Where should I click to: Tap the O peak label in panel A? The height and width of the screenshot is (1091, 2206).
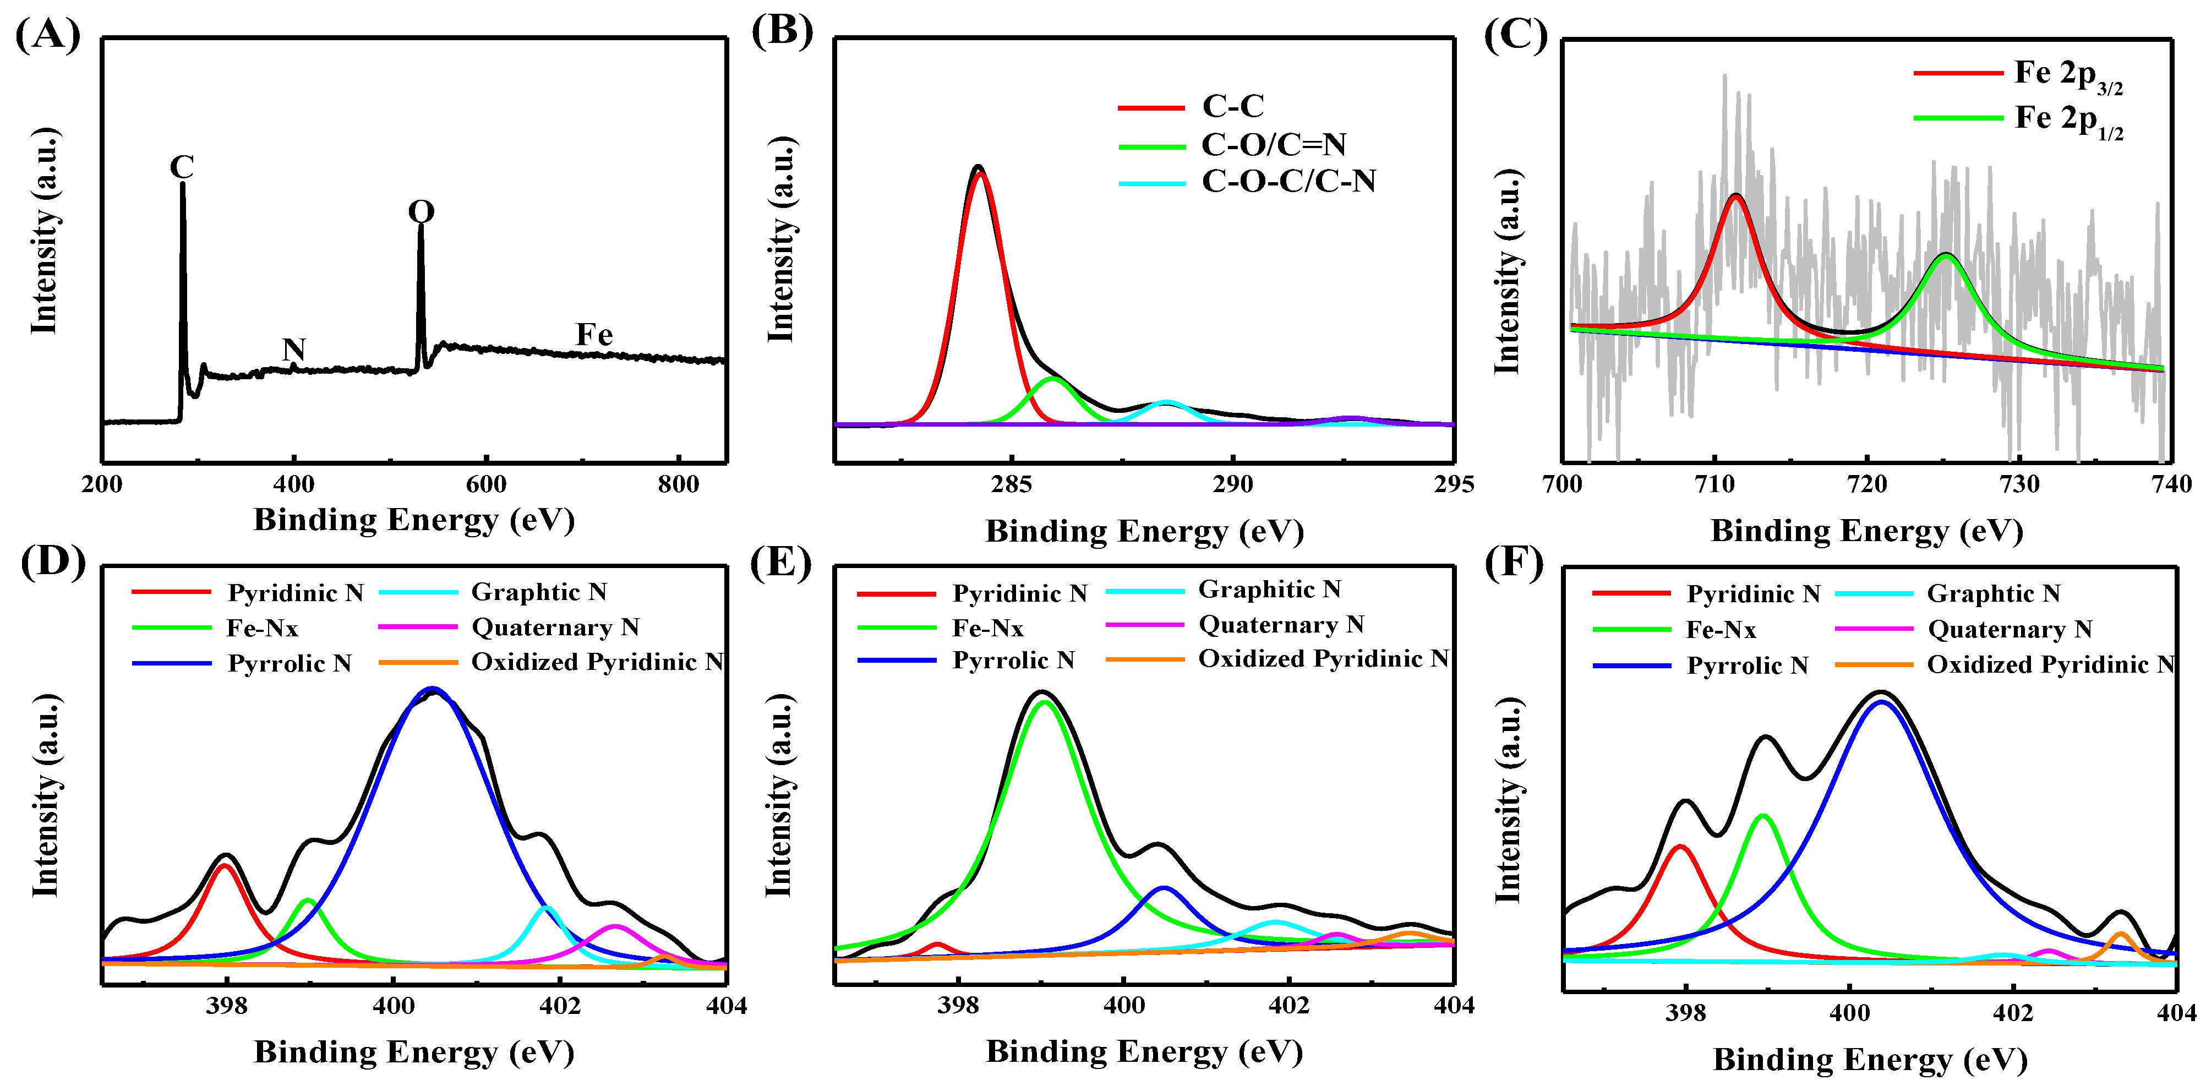[421, 211]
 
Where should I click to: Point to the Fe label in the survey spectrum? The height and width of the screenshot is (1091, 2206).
[593, 335]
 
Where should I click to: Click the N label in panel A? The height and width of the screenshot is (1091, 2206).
[294, 350]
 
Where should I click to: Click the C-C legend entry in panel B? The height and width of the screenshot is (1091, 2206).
[1232, 106]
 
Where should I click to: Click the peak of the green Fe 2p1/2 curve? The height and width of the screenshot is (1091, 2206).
[1947, 255]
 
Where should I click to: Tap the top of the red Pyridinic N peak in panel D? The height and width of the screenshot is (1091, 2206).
[225, 866]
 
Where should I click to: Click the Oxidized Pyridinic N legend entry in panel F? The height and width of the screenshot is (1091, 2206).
[2050, 664]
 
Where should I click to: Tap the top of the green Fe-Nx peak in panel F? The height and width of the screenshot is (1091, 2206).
[1762, 816]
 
